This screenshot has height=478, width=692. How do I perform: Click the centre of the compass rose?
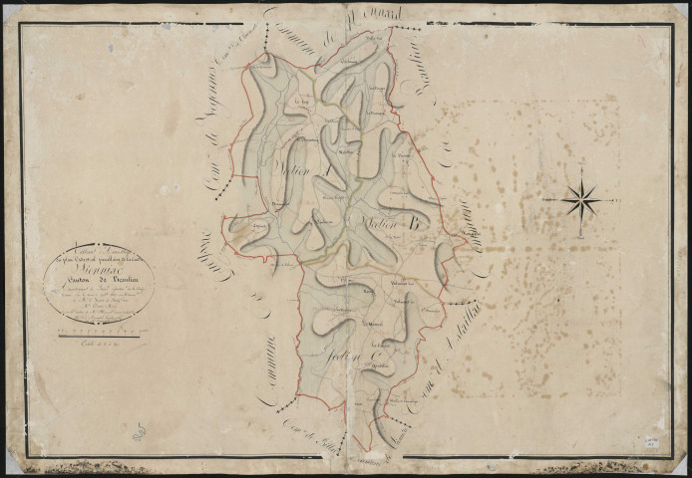[x=579, y=202]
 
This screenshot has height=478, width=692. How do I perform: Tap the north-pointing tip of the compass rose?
[x=579, y=171]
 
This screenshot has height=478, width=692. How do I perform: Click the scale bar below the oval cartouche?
[x=99, y=337]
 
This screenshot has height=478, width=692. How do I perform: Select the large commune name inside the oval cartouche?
[x=99, y=268]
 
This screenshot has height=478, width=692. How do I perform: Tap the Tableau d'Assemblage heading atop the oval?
[x=99, y=252]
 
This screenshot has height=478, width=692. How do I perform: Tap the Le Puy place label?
[x=301, y=100]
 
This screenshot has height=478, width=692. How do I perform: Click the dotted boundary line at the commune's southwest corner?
[x=287, y=404]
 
